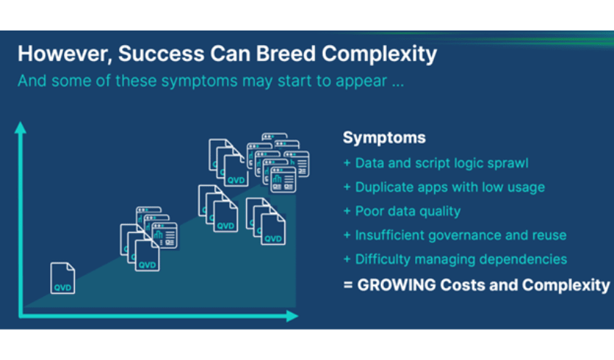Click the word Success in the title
[162, 54]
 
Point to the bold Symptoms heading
[384, 138]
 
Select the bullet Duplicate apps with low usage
[443, 187]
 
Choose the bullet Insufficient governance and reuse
[454, 235]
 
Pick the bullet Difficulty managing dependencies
[454, 259]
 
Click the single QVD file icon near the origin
[63, 279]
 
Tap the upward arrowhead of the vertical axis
[22, 128]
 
